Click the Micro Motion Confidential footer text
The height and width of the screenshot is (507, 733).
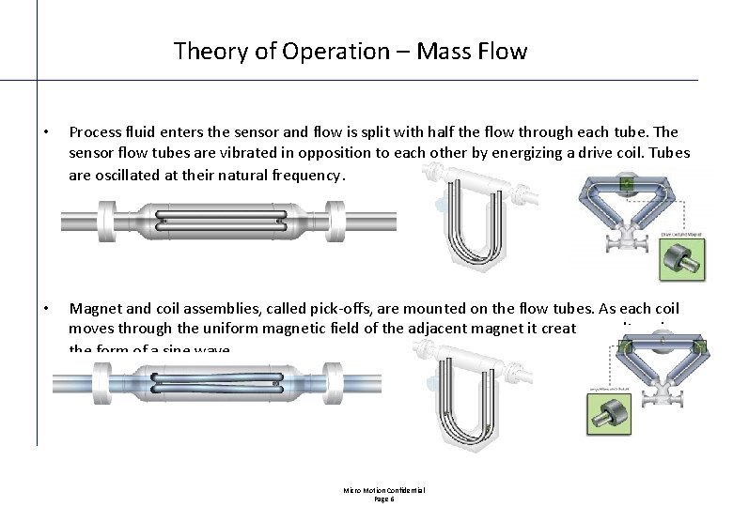tap(383, 490)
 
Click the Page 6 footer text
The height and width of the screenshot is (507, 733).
tap(383, 499)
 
